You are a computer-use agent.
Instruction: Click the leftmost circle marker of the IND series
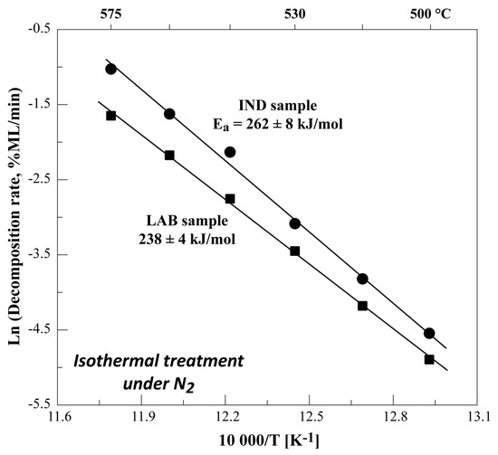pos(110,69)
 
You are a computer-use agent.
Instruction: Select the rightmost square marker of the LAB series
pos(429,359)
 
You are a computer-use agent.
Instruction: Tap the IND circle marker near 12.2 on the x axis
pos(230,152)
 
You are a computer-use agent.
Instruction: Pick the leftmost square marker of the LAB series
pos(110,116)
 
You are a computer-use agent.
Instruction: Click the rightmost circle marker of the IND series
pos(429,334)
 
